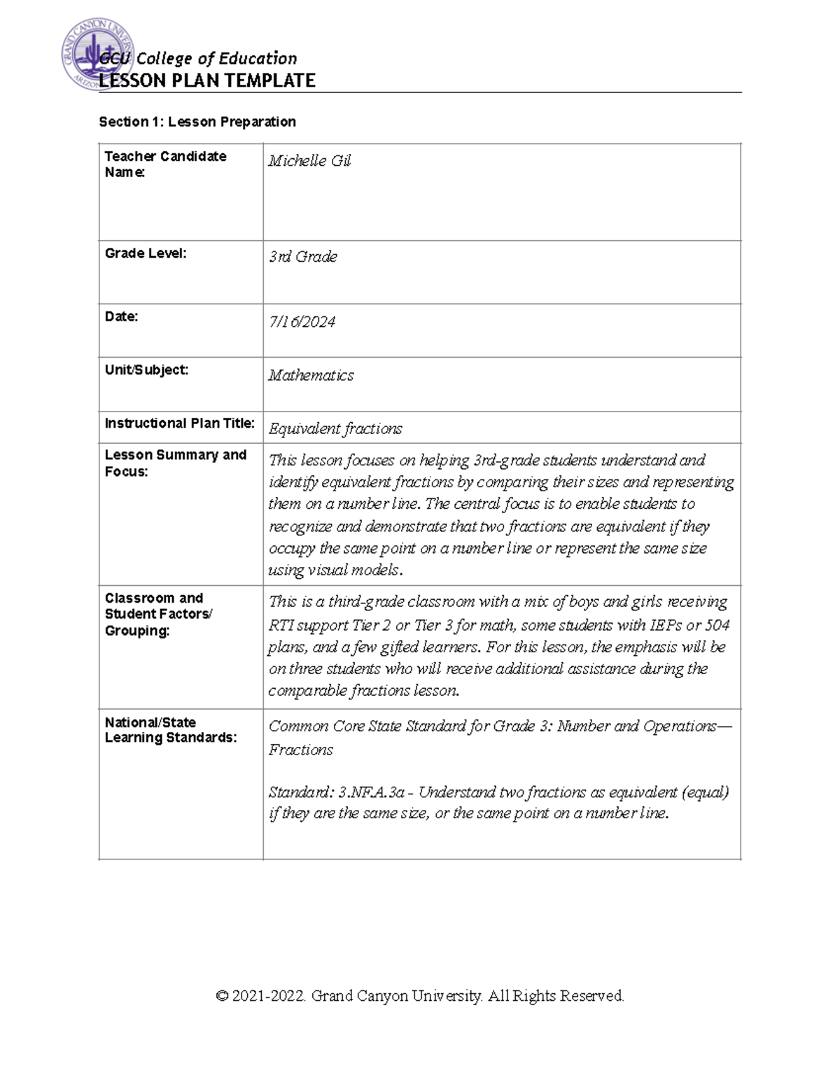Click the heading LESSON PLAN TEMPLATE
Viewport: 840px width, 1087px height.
[207, 80]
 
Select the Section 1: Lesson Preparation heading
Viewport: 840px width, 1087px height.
[197, 122]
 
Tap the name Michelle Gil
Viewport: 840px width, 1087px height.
[309, 161]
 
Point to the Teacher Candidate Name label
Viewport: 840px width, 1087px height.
[165, 164]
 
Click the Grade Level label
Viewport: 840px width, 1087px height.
[146, 253]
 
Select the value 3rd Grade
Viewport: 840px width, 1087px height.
[303, 257]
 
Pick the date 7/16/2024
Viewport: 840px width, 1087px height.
[302, 322]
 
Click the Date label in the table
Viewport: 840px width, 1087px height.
[121, 316]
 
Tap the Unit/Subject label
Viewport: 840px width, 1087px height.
[146, 370]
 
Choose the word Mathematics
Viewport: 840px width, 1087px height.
[311, 376]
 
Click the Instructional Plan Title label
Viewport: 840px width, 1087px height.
[179, 423]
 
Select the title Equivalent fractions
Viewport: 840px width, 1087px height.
[335, 429]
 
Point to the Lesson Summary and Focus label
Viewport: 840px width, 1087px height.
[175, 463]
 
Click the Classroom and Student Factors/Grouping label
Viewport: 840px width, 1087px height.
[158, 614]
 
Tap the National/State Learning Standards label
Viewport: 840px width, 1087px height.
[171, 730]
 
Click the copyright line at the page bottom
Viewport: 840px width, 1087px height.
[420, 996]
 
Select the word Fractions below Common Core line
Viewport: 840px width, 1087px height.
[301, 750]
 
